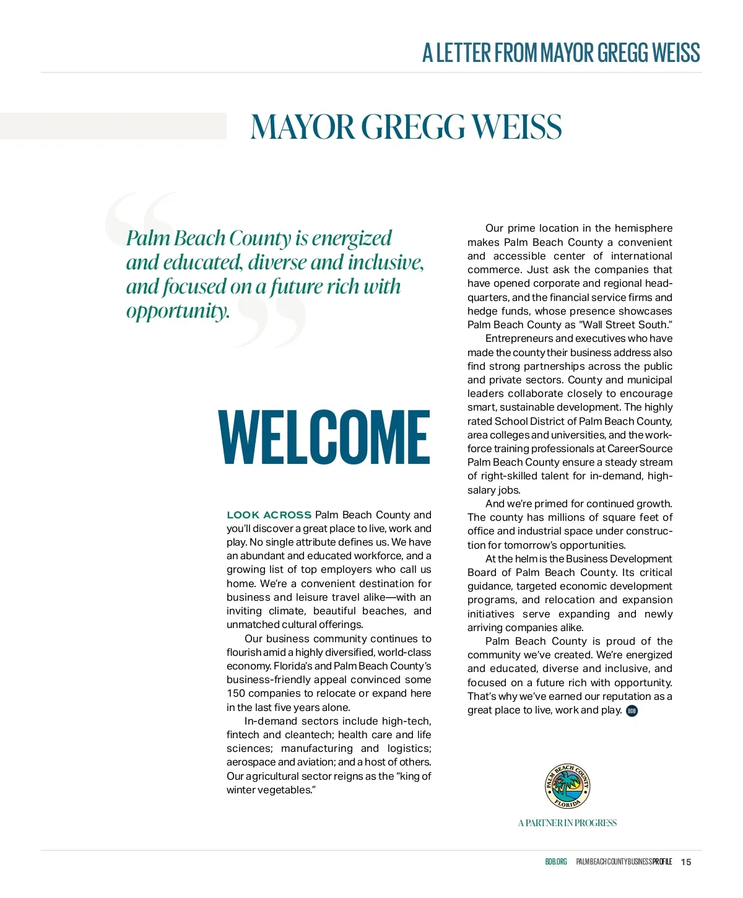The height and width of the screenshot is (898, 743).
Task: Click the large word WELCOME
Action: coord(324,437)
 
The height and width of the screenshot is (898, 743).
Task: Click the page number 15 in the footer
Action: coord(686,862)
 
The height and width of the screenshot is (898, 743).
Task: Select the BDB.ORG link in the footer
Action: coord(555,862)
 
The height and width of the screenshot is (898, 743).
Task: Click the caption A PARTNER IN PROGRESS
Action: coord(567,823)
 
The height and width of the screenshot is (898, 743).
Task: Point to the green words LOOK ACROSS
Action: coord(269,515)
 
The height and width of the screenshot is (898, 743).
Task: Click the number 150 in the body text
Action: coord(236,694)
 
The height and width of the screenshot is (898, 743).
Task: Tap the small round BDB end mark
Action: coord(632,711)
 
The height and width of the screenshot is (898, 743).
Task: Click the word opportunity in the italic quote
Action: coord(178,310)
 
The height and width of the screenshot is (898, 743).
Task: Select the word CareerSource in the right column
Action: coord(640,448)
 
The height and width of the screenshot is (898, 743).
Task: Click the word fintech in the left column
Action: coord(243,735)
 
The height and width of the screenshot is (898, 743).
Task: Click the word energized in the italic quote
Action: coord(352,238)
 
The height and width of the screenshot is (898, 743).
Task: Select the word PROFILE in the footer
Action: coord(661,862)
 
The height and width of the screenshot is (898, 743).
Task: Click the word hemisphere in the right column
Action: coord(643,229)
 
